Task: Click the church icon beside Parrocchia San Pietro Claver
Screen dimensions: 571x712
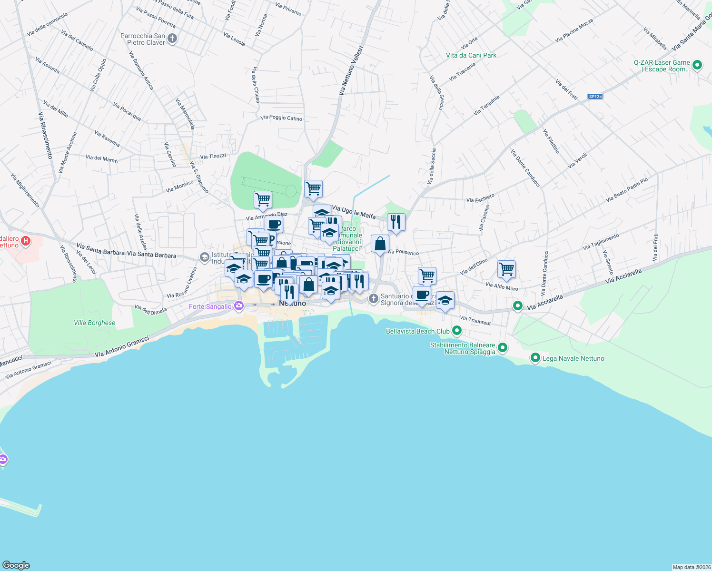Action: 172,39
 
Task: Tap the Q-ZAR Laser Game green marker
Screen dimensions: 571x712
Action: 697,65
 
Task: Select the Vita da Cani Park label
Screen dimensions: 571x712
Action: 471,55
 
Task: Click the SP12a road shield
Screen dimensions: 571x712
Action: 595,97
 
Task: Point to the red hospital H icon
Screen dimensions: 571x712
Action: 26,241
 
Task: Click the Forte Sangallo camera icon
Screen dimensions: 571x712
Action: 239,306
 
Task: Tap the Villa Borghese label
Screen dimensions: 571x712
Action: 94,323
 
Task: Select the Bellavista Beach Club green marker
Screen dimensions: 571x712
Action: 457,330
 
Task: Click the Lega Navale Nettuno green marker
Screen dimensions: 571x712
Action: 535,357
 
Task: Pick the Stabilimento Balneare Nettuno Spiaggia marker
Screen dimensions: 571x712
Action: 503,348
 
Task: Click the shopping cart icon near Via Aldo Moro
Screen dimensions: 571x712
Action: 506,269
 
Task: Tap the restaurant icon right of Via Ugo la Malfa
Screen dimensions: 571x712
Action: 396,222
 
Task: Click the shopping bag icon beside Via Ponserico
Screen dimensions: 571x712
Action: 380,244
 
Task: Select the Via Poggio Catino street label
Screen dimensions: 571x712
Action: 281,118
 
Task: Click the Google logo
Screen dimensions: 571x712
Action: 16,565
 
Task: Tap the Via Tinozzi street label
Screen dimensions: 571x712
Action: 213,156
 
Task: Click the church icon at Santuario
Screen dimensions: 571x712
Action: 374,299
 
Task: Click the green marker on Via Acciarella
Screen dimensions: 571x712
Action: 518,306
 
